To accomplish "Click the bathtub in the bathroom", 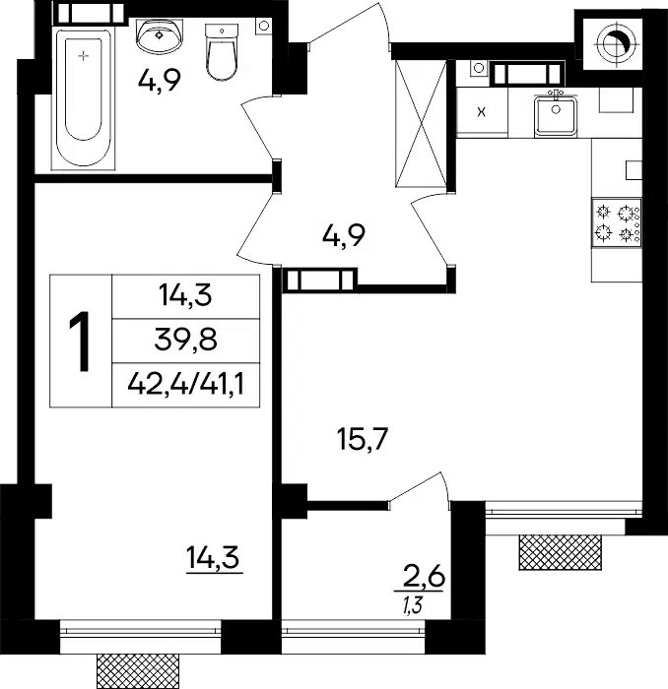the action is [x=84, y=99].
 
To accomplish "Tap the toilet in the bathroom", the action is [x=222, y=52].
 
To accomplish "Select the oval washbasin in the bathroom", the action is [x=160, y=35].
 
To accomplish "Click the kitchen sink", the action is [x=556, y=115].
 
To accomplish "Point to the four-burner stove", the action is [x=617, y=221].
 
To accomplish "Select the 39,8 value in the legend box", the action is [x=186, y=341].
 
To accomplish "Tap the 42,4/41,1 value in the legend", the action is [x=186, y=386].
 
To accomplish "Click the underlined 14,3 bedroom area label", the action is [x=213, y=559].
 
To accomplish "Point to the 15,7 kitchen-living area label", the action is [x=363, y=440].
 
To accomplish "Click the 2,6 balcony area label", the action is [x=422, y=578].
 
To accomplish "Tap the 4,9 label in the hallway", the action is [x=343, y=236].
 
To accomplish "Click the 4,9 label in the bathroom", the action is [x=160, y=81].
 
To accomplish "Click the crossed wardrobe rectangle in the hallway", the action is [x=421, y=124].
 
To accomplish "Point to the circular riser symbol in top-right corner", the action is [x=614, y=43].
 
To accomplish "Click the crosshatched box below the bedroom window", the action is [x=138, y=671].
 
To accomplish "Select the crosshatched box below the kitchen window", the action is [x=561, y=552].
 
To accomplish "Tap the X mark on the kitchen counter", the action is [x=482, y=112].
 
